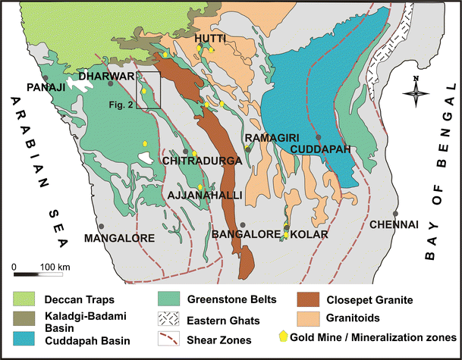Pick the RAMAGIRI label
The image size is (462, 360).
(266, 139)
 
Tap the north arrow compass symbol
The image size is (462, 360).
(416, 93)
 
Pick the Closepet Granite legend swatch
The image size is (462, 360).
(305, 300)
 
